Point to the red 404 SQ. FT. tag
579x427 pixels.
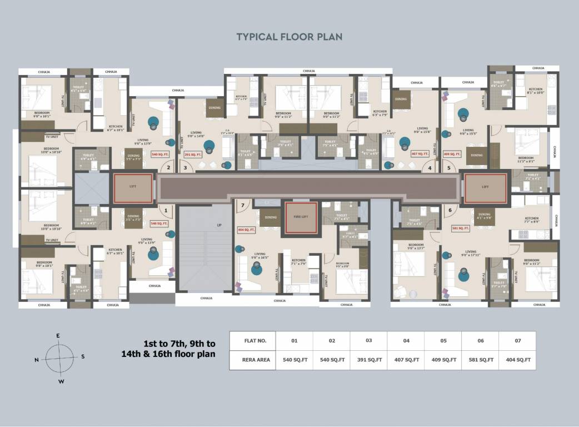point(246,229)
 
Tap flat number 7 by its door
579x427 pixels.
point(242,205)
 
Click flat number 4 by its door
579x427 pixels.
point(429,167)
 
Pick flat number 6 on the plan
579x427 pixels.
point(450,210)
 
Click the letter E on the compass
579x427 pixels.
point(58,335)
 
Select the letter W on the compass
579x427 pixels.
point(61,381)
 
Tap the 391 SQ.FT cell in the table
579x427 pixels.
point(368,360)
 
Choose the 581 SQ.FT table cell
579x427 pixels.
point(480,360)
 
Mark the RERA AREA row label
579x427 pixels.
point(256,360)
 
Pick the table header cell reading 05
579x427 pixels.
point(443,340)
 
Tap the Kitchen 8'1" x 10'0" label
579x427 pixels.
point(536,91)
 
